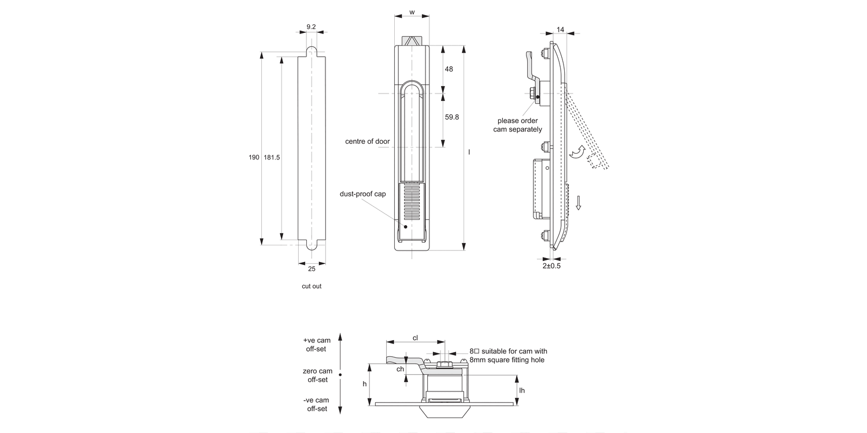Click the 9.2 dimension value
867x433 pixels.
pyautogui.click(x=311, y=27)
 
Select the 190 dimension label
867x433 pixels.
pyautogui.click(x=254, y=157)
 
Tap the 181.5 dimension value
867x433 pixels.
pyautogui.click(x=272, y=157)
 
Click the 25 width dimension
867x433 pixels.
pyautogui.click(x=312, y=268)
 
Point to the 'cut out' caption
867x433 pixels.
pyautogui.click(x=312, y=286)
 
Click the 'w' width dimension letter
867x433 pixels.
pyautogui.click(x=412, y=12)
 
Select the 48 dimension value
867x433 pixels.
pyautogui.click(x=449, y=69)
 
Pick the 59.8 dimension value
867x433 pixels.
pyautogui.click(x=452, y=117)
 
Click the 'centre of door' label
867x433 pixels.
pyautogui.click(x=368, y=141)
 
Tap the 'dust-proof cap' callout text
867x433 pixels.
pyautogui.click(x=362, y=194)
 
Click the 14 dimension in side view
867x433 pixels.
pyautogui.click(x=561, y=29)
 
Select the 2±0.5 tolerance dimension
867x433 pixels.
pyautogui.click(x=551, y=266)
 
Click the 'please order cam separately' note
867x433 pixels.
pyautogui.click(x=517, y=125)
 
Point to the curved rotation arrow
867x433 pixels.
pyautogui.click(x=577, y=152)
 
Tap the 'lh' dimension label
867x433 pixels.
pyautogui.click(x=522, y=390)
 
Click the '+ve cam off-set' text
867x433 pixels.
pyautogui.click(x=317, y=345)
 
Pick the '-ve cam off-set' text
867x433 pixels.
pyautogui.click(x=317, y=404)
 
